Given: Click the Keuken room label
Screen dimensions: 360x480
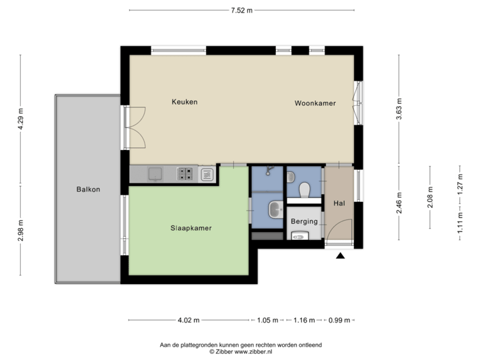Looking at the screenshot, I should tap(185, 103).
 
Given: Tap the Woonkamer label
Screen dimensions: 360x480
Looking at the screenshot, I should tap(315, 104).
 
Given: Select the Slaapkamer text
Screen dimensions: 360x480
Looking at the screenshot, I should tap(191, 228).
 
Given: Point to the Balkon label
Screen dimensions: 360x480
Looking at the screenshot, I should tap(88, 189).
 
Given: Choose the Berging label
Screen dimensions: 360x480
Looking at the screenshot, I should tap(304, 221).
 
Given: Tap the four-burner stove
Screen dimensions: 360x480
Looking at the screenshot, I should tap(185, 174).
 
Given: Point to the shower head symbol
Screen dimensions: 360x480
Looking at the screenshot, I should tap(268, 169).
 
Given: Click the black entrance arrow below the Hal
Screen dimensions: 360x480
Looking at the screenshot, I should tap(341, 255).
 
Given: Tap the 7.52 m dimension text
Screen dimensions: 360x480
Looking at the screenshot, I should tap(241, 10).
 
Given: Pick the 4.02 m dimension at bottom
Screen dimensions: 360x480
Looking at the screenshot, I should tap(189, 321).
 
